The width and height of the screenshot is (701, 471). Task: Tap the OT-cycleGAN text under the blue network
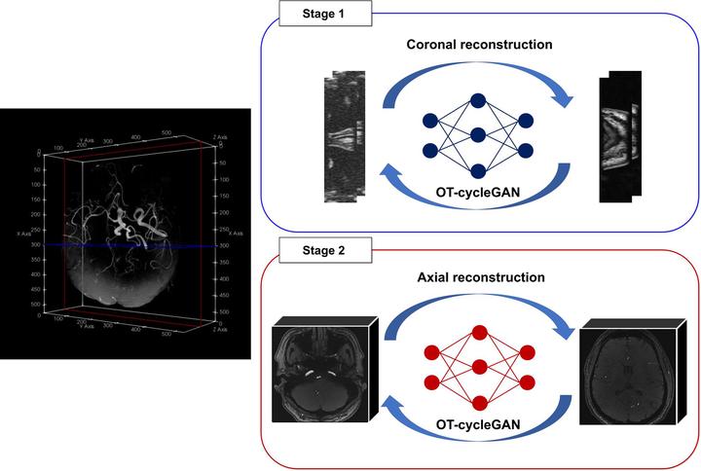tap(478, 194)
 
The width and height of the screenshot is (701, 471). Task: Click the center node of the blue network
tap(478, 134)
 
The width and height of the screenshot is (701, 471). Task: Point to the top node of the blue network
tap(478, 99)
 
